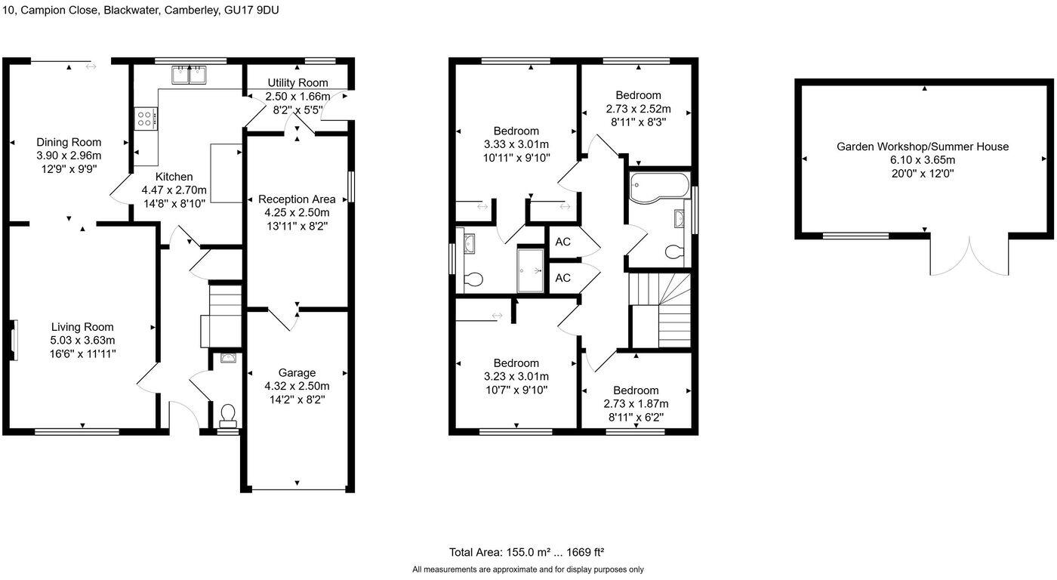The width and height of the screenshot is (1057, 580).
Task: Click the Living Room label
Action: [82, 327]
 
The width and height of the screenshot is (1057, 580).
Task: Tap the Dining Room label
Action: [69, 142]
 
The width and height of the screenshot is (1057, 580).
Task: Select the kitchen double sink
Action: [190, 74]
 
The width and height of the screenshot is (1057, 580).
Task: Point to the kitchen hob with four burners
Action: [145, 118]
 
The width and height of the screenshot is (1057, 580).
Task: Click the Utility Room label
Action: [297, 82]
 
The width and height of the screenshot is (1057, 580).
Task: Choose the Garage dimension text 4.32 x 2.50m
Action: [297, 386]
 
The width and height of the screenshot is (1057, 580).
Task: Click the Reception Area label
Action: [297, 199]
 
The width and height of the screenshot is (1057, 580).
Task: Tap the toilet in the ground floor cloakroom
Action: [227, 414]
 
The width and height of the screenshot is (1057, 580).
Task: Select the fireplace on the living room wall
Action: [14, 336]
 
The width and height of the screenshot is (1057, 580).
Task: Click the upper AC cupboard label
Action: [562, 242]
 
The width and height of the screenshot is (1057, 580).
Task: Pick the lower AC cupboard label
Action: [562, 278]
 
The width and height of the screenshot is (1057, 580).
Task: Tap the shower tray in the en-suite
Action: [530, 267]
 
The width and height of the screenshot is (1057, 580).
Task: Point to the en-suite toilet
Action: [473, 279]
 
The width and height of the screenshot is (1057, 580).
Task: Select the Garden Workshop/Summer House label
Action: [922, 147]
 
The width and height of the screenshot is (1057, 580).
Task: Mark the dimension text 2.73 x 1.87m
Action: [636, 403]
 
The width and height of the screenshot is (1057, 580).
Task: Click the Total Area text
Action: [527, 552]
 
